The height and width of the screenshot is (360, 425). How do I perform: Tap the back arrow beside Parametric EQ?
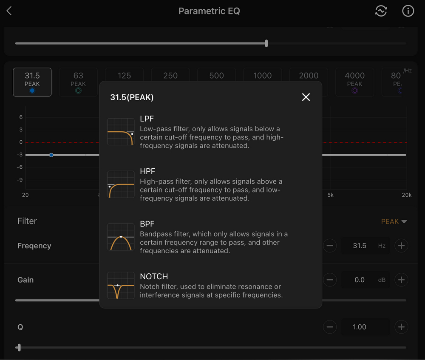coord(9,11)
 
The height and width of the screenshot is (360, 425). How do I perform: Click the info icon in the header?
coord(408,11)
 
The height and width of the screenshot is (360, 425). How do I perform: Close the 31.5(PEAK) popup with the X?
coord(306,97)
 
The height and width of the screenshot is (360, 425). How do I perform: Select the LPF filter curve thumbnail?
coord(121,132)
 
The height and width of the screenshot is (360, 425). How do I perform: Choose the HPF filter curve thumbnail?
coord(121,184)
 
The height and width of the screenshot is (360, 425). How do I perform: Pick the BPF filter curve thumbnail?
coord(121,237)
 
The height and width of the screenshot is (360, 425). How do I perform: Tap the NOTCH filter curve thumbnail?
coord(121,286)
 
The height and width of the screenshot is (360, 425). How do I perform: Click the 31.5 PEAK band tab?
coord(32,82)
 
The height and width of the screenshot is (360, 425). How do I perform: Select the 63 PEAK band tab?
coord(78,82)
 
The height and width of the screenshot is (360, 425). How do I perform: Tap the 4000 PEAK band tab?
coord(355,82)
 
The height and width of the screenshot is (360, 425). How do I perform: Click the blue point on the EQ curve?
coord(51,155)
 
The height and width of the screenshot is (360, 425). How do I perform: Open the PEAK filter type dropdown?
coord(394,221)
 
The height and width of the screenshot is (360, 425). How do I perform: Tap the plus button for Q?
coord(402,327)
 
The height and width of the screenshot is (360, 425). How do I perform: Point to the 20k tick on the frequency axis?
coord(407,195)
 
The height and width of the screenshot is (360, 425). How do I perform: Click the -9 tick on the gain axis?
coord(20,180)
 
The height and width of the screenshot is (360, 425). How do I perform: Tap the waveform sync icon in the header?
coord(381,11)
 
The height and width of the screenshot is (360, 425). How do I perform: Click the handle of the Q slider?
coord(19,347)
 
